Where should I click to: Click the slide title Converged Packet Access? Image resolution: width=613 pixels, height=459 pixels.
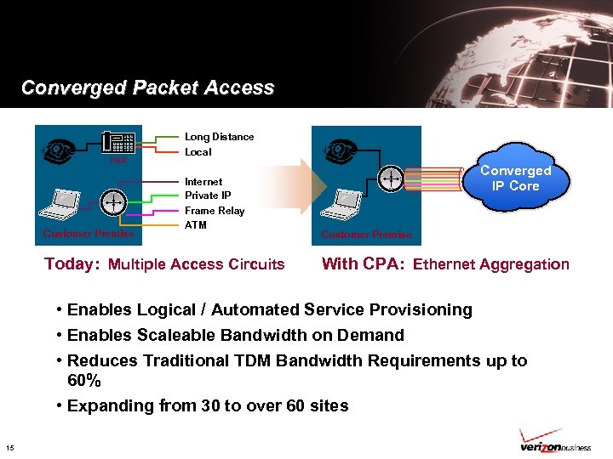tap(147, 88)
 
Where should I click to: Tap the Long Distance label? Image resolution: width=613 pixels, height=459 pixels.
tap(219, 137)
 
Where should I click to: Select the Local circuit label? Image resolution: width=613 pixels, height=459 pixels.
tap(198, 152)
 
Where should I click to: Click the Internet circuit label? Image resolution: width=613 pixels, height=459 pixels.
tap(203, 181)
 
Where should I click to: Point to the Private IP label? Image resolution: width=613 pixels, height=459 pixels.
tap(208, 195)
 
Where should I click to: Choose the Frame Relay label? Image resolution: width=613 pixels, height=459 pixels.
tap(214, 211)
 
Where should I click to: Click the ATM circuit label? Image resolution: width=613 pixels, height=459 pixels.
tap(195, 225)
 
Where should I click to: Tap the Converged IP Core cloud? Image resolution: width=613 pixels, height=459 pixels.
tap(515, 179)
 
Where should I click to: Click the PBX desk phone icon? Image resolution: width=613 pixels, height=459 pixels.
tap(118, 145)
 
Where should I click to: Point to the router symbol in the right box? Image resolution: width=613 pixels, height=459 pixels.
tap(391, 178)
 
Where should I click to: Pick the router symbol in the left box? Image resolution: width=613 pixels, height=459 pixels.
tap(113, 202)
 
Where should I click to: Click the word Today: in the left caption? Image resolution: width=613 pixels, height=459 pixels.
tap(72, 263)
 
